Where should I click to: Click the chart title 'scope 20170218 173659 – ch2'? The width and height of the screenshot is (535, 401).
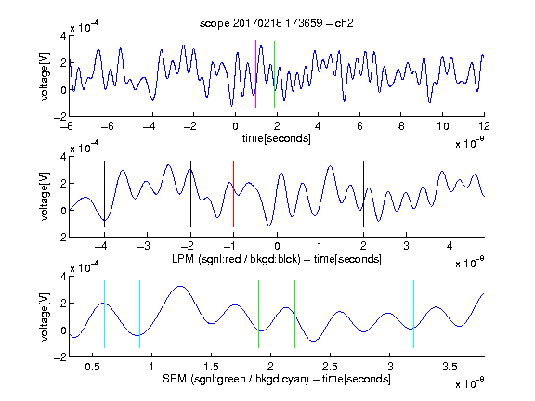tap(277, 23)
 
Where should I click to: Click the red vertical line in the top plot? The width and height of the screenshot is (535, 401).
tap(215, 73)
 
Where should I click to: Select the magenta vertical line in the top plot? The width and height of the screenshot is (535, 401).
tap(256, 73)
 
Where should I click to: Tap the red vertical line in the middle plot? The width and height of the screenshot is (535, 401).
tap(233, 194)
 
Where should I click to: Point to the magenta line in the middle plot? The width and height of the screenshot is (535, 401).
tap(320, 194)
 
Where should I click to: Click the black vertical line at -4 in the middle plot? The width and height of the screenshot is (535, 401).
tap(104, 194)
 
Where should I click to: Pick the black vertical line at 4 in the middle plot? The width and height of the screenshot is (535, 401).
tap(450, 194)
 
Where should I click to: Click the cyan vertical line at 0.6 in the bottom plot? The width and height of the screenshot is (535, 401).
tap(104, 314)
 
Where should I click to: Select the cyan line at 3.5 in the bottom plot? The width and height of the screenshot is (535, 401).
tap(450, 314)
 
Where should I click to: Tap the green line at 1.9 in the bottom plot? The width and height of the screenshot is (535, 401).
tap(258, 314)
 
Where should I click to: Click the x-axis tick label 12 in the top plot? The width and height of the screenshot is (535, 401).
tap(484, 126)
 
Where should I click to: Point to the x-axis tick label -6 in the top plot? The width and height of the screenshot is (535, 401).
tap(108, 126)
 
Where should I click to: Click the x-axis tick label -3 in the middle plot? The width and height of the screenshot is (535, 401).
tap(144, 246)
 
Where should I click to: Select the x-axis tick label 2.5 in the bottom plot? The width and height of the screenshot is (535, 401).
tap(330, 367)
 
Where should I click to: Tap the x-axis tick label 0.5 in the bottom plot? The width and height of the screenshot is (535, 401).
tap(93, 367)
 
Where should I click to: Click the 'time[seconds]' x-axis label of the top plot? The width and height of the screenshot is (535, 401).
tap(277, 138)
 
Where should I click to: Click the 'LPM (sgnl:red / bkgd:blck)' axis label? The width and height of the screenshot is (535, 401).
tap(236, 259)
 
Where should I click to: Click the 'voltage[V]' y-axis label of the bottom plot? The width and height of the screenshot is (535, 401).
tap(45, 317)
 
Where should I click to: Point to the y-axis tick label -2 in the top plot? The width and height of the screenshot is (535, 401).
tap(60, 117)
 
